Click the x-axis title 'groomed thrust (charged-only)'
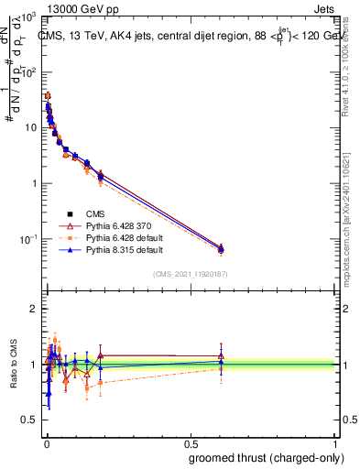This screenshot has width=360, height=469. pos(263,457)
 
